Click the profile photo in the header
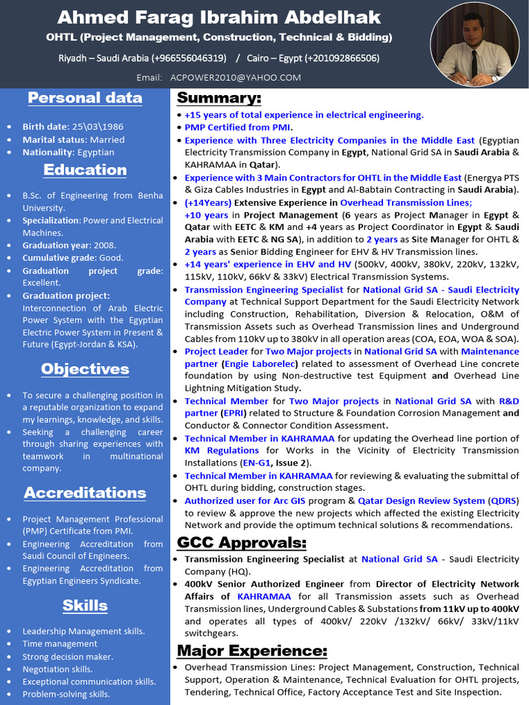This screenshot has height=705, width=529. pyautogui.click(x=475, y=44)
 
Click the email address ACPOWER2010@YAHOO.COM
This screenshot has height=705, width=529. pyautogui.click(x=236, y=78)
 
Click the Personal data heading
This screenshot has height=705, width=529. pyautogui.click(x=85, y=98)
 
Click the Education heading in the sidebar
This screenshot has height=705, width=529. pyautogui.click(x=85, y=169)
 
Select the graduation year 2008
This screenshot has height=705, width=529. pyautogui.click(x=105, y=245)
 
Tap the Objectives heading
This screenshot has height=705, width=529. pyautogui.click(x=85, y=368)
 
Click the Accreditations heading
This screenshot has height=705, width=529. pyautogui.click(x=85, y=492)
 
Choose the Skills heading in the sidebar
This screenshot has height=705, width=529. pyautogui.click(x=85, y=605)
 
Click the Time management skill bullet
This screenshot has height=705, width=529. pyautogui.click(x=60, y=644)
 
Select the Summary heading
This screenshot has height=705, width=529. pyautogui.click(x=219, y=97)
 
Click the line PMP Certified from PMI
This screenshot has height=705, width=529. pyautogui.click(x=238, y=127)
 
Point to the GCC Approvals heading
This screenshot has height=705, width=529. pyautogui.click(x=242, y=543)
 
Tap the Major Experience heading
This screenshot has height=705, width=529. pyautogui.click(x=252, y=651)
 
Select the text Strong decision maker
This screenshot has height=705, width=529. pyautogui.click(x=68, y=656)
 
